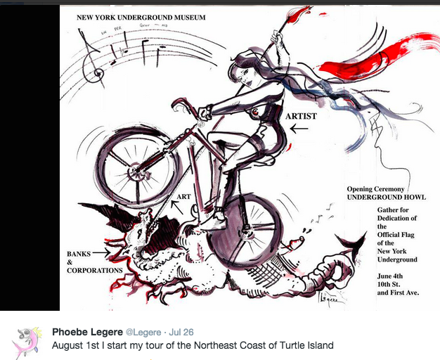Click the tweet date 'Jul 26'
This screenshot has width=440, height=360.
click(183, 331)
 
